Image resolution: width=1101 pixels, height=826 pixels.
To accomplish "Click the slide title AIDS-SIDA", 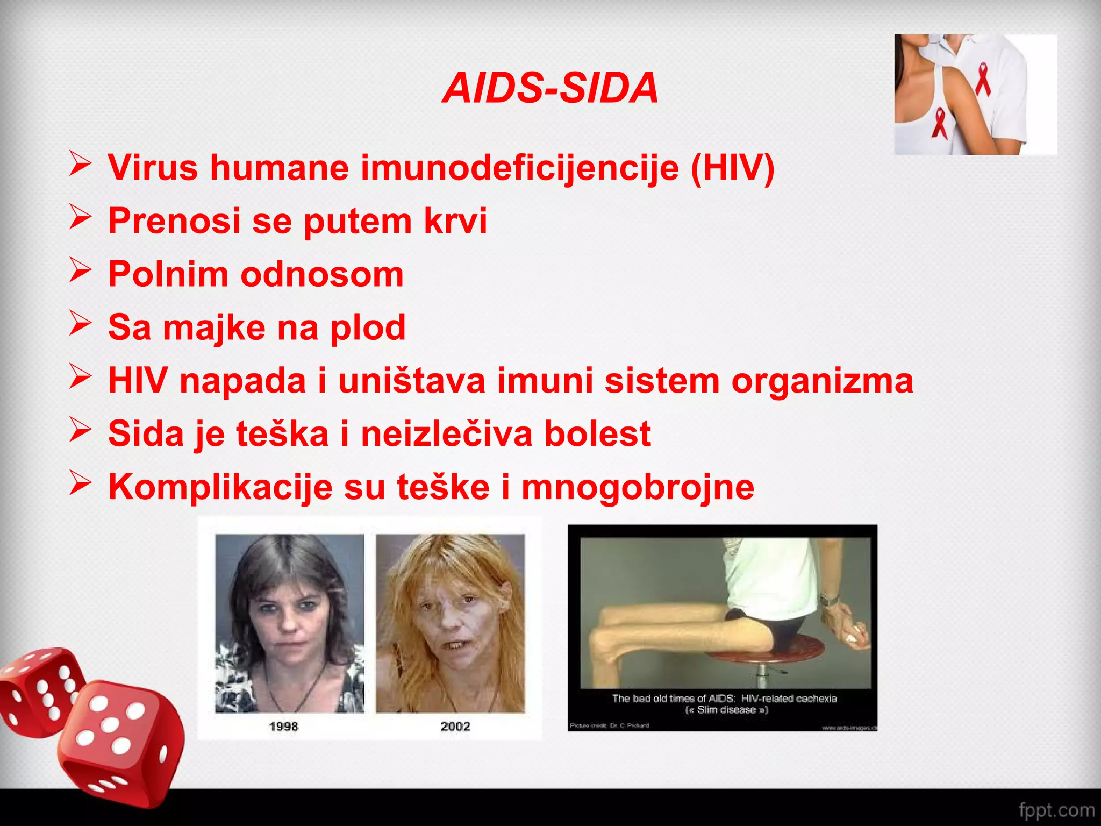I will tap(550, 88).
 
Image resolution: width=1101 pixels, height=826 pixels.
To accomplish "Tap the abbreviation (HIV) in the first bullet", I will tap(732, 168).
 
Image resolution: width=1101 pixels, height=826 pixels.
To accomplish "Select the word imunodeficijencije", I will tap(519, 168).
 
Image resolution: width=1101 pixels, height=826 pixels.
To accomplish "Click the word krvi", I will tap(455, 220).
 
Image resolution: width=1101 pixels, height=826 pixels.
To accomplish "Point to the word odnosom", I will tap(321, 274).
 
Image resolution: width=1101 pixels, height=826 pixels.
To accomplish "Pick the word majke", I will tap(213, 327).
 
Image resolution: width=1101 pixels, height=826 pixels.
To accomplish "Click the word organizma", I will tap(822, 381).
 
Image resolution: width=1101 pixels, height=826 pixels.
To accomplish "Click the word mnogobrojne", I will tap(638, 487).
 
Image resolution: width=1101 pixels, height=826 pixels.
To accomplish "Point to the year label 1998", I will tap(283, 727).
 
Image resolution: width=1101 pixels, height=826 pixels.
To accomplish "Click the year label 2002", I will tap(455, 727).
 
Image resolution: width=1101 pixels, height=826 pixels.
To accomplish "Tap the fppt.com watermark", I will tap(1056, 810).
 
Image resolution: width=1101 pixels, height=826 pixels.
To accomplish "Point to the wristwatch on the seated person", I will tap(829, 599).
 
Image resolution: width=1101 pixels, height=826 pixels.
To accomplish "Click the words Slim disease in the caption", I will tap(726, 710).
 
